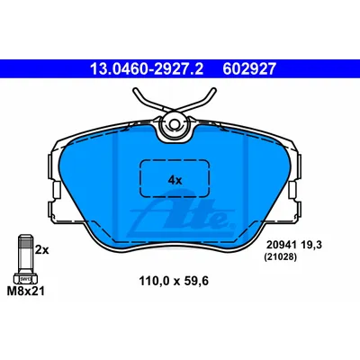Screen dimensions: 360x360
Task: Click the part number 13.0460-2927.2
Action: point(147,69)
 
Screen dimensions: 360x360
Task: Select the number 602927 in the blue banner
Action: point(249,69)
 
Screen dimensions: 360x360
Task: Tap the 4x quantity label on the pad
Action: point(175,180)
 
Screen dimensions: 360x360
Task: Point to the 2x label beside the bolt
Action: point(41,249)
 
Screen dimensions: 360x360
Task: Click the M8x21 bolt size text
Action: point(26,291)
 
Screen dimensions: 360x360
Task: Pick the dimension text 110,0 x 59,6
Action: point(174,281)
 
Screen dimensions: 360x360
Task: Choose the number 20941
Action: point(281,245)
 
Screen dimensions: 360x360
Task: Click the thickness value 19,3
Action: point(310,245)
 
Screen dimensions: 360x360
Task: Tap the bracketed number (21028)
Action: point(280,257)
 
